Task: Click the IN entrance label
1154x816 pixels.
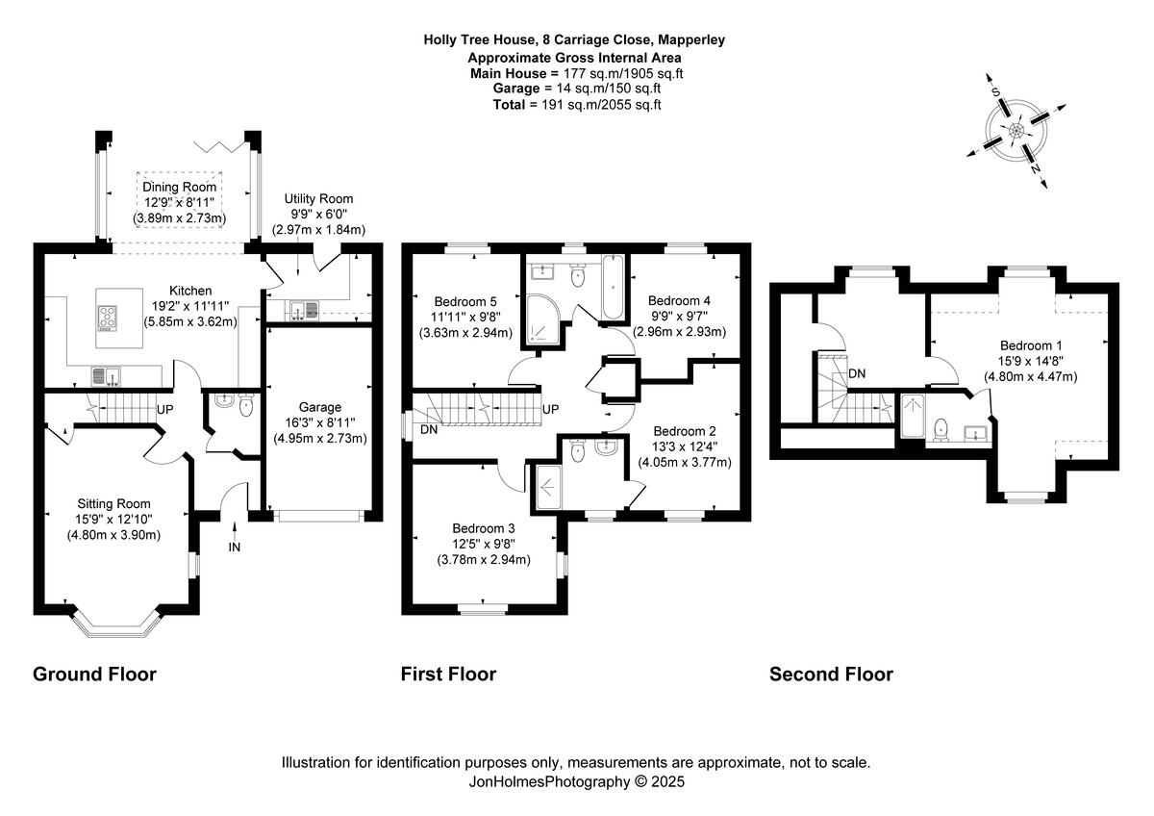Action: [235, 547]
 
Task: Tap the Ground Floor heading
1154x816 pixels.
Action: [94, 674]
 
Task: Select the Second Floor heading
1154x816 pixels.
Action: [831, 674]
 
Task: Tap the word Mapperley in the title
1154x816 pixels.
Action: [686, 40]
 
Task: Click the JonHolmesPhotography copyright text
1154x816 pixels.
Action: [576, 782]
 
